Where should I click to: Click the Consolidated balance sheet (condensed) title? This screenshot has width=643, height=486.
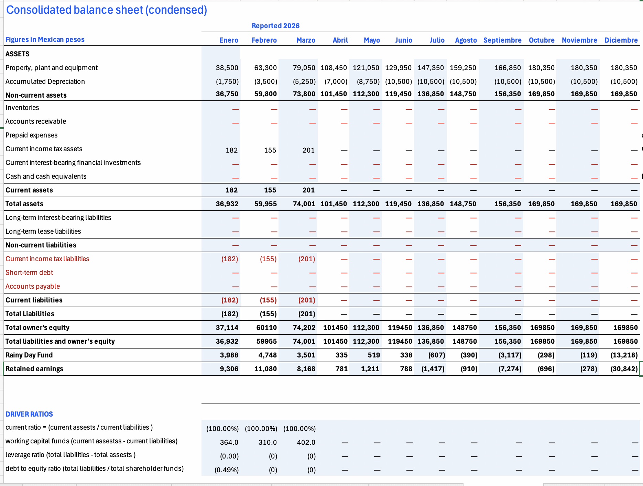tap(107, 10)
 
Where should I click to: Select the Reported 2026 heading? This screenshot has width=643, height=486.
tap(275, 26)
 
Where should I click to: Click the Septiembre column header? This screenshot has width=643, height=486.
tap(502, 40)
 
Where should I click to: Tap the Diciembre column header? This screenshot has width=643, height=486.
tap(621, 40)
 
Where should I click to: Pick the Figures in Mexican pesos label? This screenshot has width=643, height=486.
tap(45, 40)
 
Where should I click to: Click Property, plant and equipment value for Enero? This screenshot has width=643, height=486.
tap(227, 68)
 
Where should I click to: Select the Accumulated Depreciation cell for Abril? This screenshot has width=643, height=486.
tap(336, 81)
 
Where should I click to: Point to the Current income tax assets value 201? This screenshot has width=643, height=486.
tap(308, 150)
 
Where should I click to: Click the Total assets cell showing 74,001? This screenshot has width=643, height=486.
tap(304, 204)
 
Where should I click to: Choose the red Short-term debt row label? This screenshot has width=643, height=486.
tap(29, 273)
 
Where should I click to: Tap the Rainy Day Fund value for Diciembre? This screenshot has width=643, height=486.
tap(624, 355)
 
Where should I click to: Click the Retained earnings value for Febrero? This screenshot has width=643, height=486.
tap(265, 369)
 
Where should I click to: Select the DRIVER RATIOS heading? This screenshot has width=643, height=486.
tap(29, 414)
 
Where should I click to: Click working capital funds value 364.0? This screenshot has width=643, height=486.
tap(229, 442)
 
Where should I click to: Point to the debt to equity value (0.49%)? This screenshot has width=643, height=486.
tap(227, 470)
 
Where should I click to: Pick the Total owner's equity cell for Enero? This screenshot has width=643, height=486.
tap(227, 328)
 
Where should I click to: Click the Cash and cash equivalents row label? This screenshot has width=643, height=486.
tap(46, 176)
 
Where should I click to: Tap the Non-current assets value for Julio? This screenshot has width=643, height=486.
tap(431, 94)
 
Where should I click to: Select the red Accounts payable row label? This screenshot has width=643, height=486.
tap(33, 286)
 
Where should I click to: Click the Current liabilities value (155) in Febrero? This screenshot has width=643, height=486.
tap(268, 300)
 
